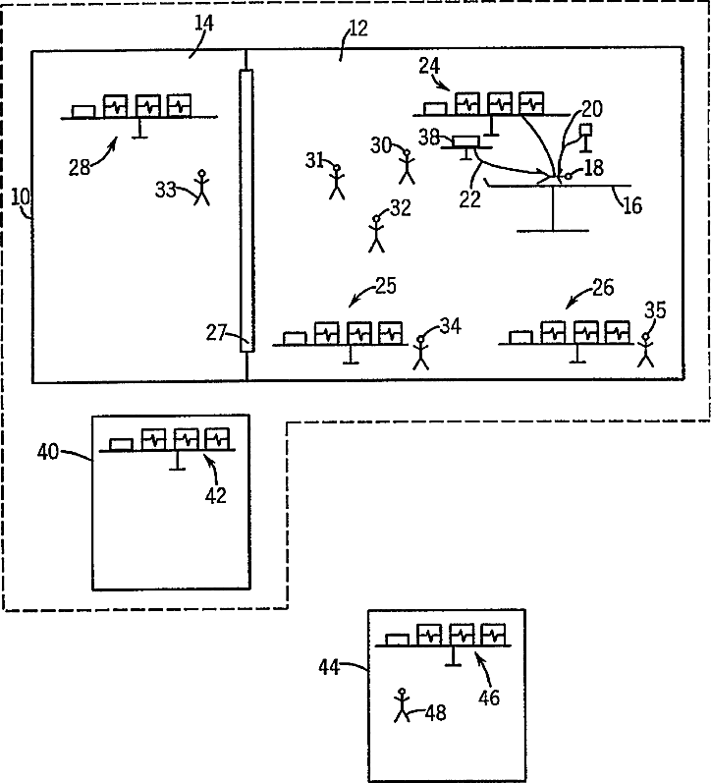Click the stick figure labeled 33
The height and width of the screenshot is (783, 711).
tap(203, 187)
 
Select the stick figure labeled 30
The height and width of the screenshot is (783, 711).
tap(408, 166)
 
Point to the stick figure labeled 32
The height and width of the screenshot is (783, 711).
tap(375, 233)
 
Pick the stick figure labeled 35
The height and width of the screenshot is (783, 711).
tap(646, 349)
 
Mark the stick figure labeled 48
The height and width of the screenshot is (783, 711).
tap(401, 705)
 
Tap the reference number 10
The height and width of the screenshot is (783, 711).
tap(20, 197)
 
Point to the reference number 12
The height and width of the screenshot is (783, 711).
tap(357, 28)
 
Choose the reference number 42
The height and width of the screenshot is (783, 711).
tap(215, 495)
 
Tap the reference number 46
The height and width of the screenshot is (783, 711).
tap(489, 698)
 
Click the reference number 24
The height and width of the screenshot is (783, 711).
tap(428, 66)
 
